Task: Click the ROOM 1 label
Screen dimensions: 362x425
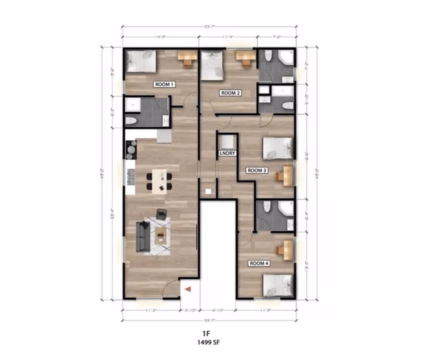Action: [165, 84]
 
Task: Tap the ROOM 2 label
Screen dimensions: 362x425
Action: [230, 93]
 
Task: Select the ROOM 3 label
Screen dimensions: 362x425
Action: [256, 171]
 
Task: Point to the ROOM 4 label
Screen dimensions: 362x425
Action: [258, 262]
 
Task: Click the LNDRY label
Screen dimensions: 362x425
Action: [227, 153]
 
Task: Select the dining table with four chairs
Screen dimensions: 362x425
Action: [159, 180]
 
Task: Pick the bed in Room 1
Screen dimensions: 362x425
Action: [141, 61]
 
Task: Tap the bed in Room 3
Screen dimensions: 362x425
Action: [277, 148]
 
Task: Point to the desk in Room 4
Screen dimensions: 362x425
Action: [286, 248]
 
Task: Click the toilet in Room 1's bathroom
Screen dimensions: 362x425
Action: [131, 121]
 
